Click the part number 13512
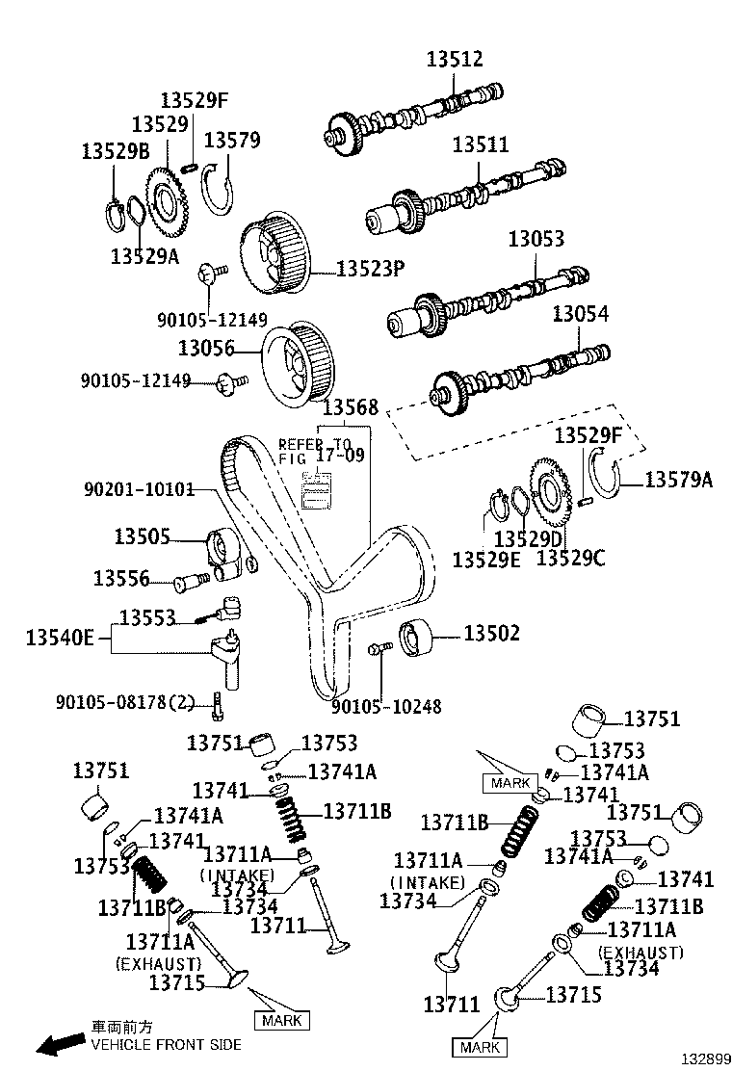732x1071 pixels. tap(455, 60)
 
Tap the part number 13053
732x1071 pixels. tap(536, 238)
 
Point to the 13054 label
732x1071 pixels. tap(581, 314)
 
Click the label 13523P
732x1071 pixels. tap(370, 269)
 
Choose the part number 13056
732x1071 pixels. tap(207, 344)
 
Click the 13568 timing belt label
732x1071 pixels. tap(350, 407)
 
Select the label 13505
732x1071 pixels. tap(143, 535)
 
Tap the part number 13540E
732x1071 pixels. tap(60, 637)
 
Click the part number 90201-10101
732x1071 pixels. tap(140, 490)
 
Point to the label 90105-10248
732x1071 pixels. tap(386, 706)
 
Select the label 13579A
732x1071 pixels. tap(678, 479)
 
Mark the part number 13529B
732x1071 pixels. tap(116, 150)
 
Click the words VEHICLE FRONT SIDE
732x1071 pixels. tap(166, 1044)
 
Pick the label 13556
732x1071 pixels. tap(121, 578)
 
